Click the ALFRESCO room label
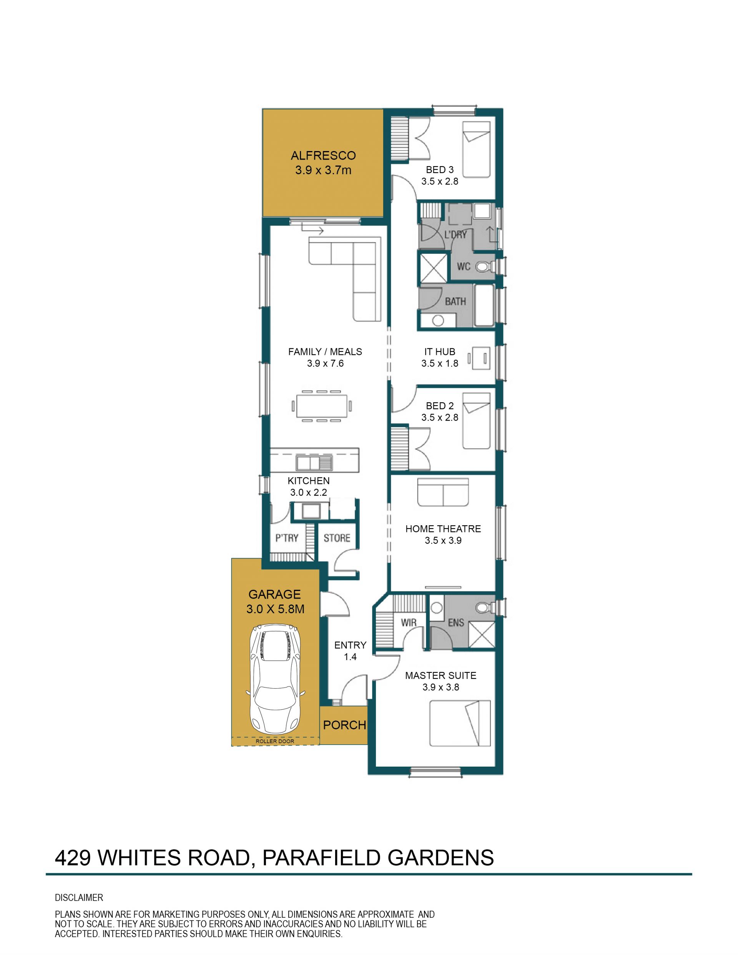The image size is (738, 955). (x=323, y=156)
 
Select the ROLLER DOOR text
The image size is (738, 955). (x=275, y=741)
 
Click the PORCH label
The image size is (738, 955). (x=344, y=725)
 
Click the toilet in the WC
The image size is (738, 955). (x=484, y=266)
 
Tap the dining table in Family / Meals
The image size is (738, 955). (x=322, y=406)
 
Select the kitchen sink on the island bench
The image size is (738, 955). (x=314, y=462)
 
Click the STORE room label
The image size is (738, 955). (x=337, y=538)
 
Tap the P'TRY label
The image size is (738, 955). (x=287, y=538)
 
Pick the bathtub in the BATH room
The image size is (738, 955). (x=484, y=306)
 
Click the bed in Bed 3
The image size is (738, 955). (x=476, y=150)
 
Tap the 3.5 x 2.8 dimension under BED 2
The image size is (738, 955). (x=440, y=417)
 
